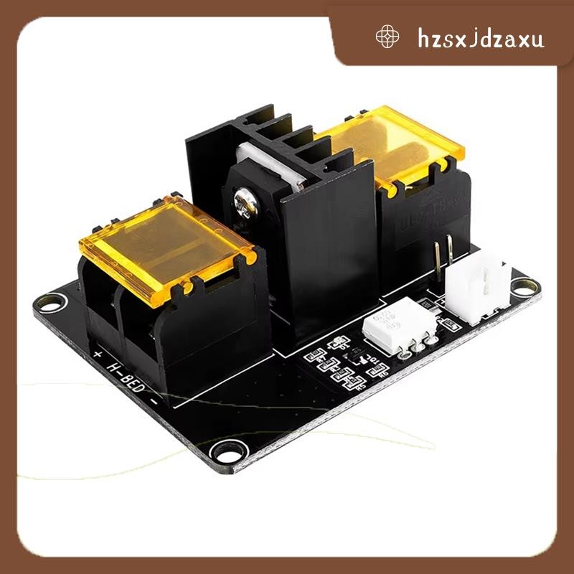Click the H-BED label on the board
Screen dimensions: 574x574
click(x=126, y=377)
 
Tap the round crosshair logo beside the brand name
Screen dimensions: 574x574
click(x=387, y=37)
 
